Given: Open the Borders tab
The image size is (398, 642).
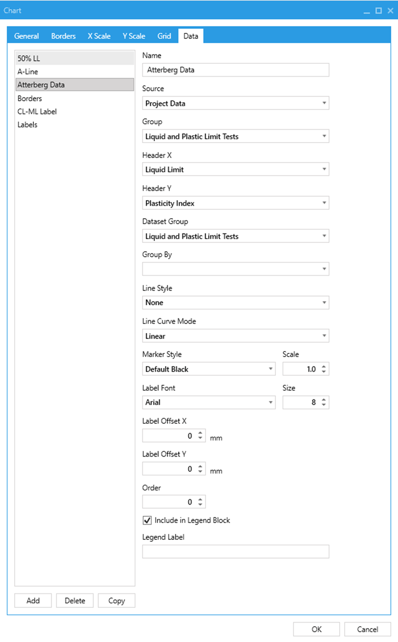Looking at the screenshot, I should (x=63, y=36).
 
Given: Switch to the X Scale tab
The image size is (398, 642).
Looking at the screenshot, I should (x=99, y=36).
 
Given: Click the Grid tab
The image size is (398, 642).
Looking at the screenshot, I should (x=164, y=36).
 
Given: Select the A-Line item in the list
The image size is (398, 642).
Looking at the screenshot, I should (x=28, y=72).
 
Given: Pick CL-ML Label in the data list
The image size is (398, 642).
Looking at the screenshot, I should (x=37, y=112).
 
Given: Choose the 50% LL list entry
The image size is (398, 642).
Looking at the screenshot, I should (x=29, y=58).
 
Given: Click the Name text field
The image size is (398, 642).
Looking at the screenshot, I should (x=235, y=70).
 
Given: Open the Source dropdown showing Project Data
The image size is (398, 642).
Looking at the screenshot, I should (x=235, y=103).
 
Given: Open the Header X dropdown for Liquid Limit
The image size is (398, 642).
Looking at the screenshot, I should (x=235, y=170).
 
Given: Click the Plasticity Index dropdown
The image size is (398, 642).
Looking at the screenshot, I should (x=235, y=203).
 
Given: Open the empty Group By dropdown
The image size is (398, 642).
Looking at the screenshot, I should (x=235, y=269).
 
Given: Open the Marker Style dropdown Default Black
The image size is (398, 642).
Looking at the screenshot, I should (x=209, y=369).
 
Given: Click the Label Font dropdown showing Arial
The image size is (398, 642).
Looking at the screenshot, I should (x=209, y=402).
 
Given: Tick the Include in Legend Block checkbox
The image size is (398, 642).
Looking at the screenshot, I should (x=147, y=521).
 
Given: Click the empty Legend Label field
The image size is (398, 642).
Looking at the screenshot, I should (x=235, y=552).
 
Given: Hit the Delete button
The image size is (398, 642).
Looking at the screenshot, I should (x=75, y=601).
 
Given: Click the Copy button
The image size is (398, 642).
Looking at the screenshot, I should (x=116, y=601).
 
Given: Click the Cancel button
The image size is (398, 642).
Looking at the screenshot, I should (x=368, y=629).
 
